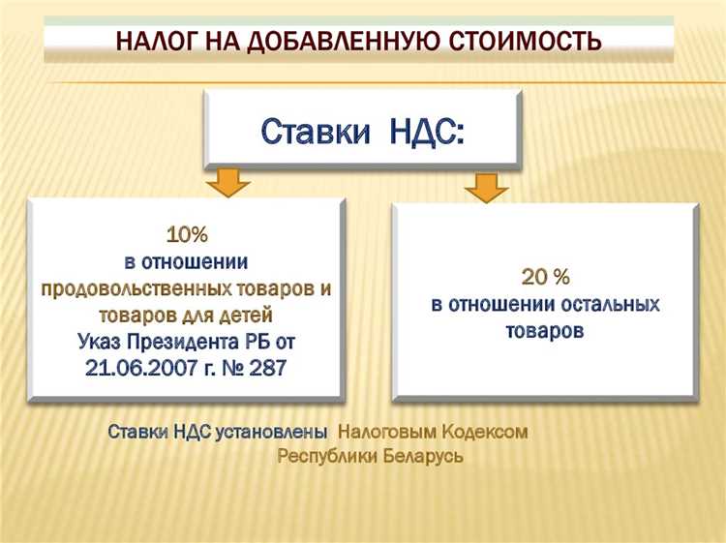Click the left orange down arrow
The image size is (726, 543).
click(x=229, y=181)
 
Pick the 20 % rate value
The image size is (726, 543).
click(x=546, y=278)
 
